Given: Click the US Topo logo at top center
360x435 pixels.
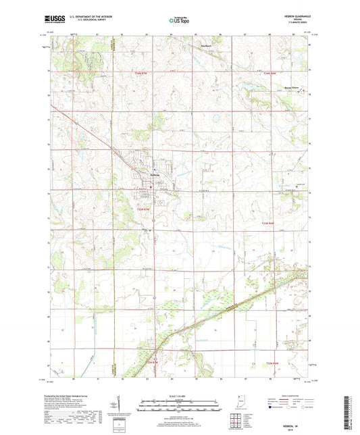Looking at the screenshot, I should pyautogui.click(x=179, y=21).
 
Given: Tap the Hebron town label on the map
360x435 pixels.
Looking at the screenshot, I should pyautogui.click(x=153, y=178).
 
